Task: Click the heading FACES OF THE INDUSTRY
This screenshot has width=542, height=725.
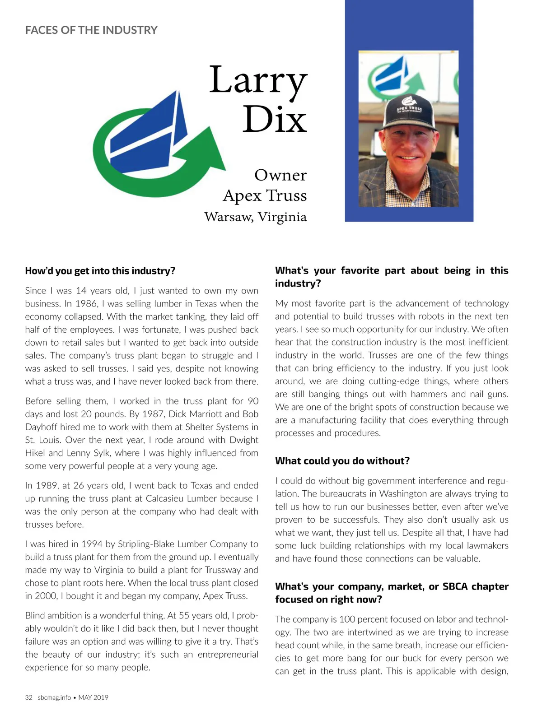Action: coord(91,30)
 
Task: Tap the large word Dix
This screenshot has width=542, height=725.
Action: coord(275,120)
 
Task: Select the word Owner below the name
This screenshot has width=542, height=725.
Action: coord(280,175)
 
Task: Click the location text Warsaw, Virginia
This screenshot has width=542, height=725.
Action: coord(255,217)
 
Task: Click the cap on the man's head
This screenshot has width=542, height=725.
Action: coord(409,111)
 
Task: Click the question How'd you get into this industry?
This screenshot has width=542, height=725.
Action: coord(100,271)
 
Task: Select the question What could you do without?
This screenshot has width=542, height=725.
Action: coord(342,461)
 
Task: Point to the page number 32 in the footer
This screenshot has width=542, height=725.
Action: coord(29,697)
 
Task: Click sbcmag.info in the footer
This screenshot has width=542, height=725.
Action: coord(54,697)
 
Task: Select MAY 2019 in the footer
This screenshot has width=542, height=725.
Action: coord(93,697)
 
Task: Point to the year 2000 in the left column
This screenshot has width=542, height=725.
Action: coord(46,596)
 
